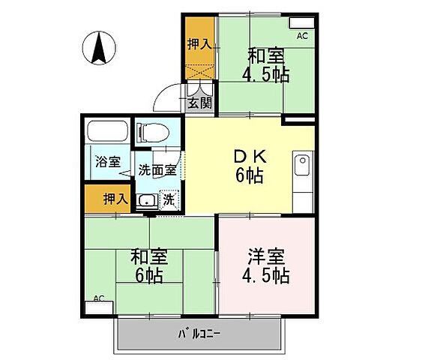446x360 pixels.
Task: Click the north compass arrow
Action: point(97,49)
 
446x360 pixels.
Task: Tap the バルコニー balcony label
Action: point(198,332)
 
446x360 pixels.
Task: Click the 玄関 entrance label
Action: point(199,103)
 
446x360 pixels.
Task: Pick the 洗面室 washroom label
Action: point(157,169)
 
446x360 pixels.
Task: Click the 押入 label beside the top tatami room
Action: point(198,44)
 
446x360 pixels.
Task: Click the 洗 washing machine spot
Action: point(170,200)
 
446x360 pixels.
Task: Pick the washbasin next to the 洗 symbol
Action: point(147,200)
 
